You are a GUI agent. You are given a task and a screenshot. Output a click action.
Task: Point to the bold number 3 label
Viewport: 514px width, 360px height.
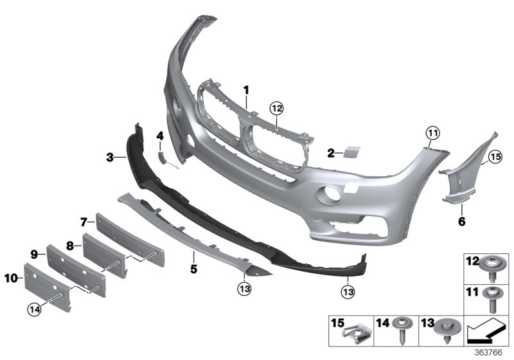coord(111,156)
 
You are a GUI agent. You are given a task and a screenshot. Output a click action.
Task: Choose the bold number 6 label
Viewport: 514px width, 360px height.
coord(461,222)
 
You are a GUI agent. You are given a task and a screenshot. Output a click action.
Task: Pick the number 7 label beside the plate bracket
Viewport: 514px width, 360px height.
coord(84,222)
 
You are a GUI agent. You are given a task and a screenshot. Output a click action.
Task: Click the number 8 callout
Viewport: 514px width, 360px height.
coord(70,245)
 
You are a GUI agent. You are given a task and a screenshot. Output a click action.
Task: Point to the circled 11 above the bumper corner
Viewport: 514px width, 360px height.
coord(431,133)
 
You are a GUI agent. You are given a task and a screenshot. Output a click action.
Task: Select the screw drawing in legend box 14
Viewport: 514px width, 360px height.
coord(405,330)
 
